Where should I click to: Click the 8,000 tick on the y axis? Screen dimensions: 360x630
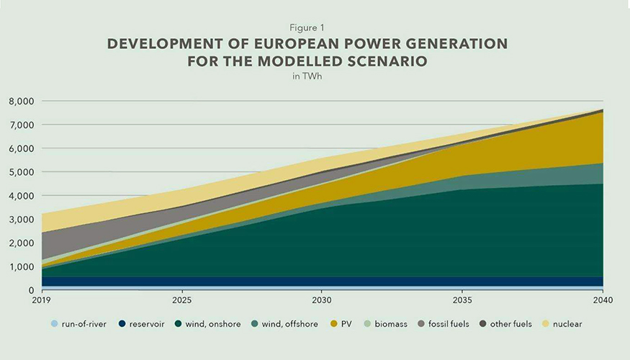point(22,102)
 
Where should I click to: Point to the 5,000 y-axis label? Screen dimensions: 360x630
point(22,172)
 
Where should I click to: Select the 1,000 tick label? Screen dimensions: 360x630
point(22,266)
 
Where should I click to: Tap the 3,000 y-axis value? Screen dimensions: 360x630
point(22,220)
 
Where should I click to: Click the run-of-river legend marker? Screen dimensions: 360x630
point(55,324)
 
